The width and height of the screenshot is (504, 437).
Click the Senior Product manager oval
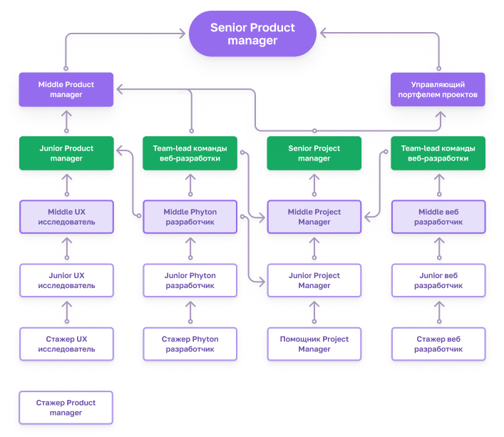[252, 34]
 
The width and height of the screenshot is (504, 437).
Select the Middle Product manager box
[66, 90]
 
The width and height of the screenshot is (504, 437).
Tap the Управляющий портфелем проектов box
[438, 90]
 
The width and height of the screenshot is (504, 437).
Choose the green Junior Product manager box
[66, 153]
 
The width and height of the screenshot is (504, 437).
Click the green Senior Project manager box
[314, 153]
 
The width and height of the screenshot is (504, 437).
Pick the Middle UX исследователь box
[66, 217]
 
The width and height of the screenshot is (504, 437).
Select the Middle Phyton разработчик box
[190, 217]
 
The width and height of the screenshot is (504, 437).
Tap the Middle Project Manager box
[314, 217]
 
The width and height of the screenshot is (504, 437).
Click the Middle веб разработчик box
[438, 217]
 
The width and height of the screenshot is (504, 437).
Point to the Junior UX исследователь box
[66, 280]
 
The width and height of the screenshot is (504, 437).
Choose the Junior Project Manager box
[314, 280]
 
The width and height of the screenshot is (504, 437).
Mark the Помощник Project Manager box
[314, 344]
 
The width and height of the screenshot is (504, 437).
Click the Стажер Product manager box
[66, 408]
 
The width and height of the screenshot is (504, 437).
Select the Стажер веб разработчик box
[438, 344]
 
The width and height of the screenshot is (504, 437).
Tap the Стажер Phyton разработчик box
[190, 344]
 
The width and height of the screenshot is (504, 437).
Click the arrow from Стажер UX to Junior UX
[67, 312]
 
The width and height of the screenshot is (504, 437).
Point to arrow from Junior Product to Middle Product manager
[66, 121]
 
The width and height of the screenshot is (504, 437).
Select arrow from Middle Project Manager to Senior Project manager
[314, 185]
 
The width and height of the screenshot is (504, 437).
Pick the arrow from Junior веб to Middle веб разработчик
[439, 248]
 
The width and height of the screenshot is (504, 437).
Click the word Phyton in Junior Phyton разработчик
[201, 276]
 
